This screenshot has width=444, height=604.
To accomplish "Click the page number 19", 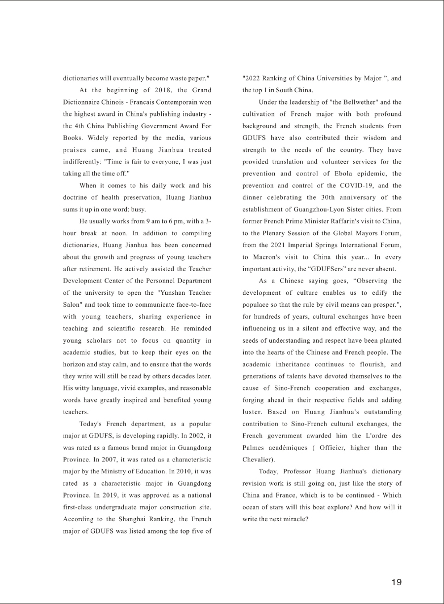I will point(396,582).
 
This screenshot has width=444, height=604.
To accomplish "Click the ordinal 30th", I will point(326,197).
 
